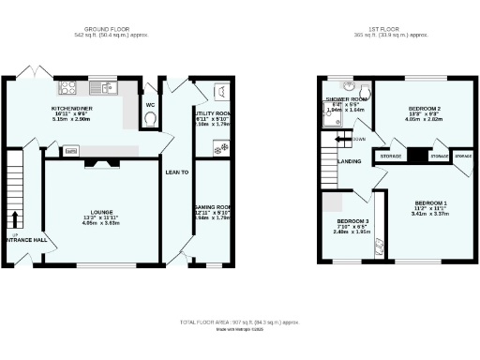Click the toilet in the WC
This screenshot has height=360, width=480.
(151, 118)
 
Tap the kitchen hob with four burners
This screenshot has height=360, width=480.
(68, 89)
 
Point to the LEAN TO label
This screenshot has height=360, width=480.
(176, 172)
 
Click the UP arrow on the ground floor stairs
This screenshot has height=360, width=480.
(14, 221)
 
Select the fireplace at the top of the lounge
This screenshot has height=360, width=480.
(102, 162)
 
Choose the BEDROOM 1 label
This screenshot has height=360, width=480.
(430, 203)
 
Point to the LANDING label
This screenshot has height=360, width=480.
(350, 161)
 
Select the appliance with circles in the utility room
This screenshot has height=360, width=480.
(220, 146)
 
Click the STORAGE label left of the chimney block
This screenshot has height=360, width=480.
(391, 157)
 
